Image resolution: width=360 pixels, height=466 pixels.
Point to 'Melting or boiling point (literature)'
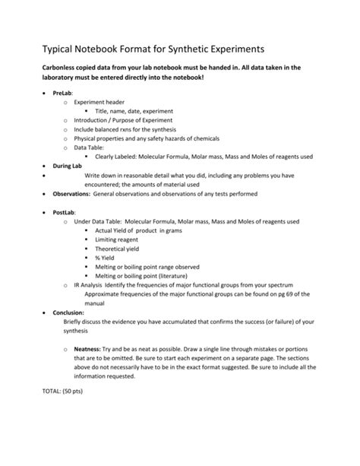pyautogui.click(x=147, y=276)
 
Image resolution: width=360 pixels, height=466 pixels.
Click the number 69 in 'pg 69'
pyautogui.click(x=314, y=294)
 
